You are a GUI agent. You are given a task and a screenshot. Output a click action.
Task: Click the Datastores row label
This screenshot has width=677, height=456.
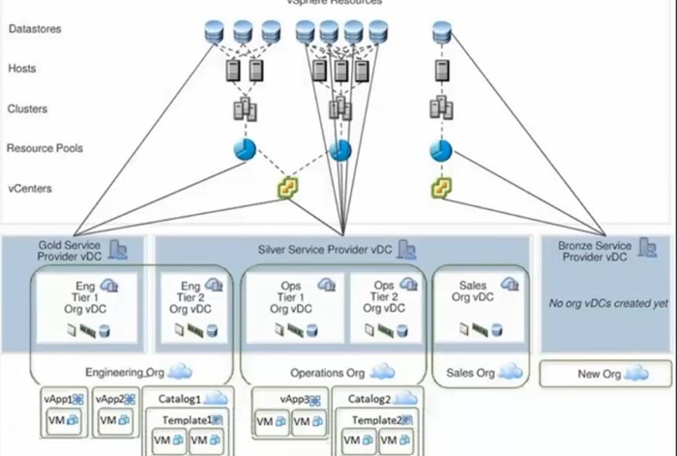(35, 30)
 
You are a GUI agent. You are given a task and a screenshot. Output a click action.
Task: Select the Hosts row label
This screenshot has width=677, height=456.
(22, 70)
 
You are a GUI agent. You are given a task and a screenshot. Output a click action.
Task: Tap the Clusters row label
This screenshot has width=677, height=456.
(27, 109)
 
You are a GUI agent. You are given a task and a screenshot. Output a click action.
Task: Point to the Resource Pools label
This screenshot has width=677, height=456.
(44, 148)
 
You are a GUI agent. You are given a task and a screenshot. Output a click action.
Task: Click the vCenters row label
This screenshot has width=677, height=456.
(29, 189)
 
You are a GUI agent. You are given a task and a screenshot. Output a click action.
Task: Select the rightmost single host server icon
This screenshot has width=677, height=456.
(442, 71)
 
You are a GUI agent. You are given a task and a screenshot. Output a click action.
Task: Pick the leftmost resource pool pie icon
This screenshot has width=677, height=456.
(243, 150)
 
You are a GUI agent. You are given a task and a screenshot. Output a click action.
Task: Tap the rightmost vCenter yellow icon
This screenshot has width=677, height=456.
(441, 188)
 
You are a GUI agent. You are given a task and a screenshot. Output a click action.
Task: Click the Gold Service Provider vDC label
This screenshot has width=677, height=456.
(70, 252)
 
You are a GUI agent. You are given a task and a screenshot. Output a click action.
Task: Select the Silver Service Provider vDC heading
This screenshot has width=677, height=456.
(325, 251)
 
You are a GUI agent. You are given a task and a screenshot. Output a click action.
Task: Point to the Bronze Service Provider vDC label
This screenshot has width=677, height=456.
(594, 252)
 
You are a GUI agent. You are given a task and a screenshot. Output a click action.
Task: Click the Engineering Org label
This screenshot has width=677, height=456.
(125, 372)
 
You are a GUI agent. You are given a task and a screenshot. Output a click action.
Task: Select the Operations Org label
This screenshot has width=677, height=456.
(328, 373)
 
